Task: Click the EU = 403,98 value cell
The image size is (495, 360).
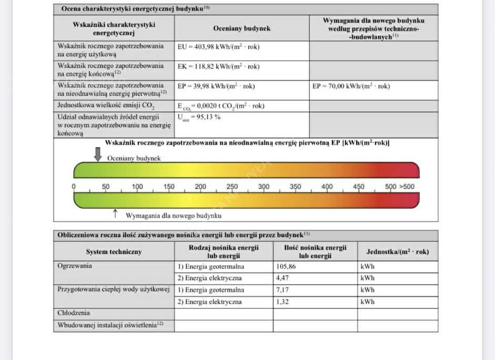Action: (218, 47)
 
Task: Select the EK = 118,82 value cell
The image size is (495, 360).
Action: (218, 67)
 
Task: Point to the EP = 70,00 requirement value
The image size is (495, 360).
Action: (351, 86)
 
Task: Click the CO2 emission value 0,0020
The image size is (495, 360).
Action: (221, 106)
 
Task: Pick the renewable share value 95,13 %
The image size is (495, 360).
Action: (199, 117)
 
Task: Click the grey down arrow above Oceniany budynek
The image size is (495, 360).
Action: (98, 154)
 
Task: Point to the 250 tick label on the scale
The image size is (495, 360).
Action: (232, 187)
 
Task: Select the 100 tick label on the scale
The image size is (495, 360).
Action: (137, 187)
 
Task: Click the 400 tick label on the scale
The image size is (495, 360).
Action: (327, 187)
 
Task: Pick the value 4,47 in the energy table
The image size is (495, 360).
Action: (282, 278)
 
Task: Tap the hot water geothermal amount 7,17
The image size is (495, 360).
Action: (282, 290)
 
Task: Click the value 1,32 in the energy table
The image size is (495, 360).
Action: (282, 302)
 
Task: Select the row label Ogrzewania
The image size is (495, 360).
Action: (75, 266)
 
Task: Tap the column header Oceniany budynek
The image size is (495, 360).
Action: (242, 28)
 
